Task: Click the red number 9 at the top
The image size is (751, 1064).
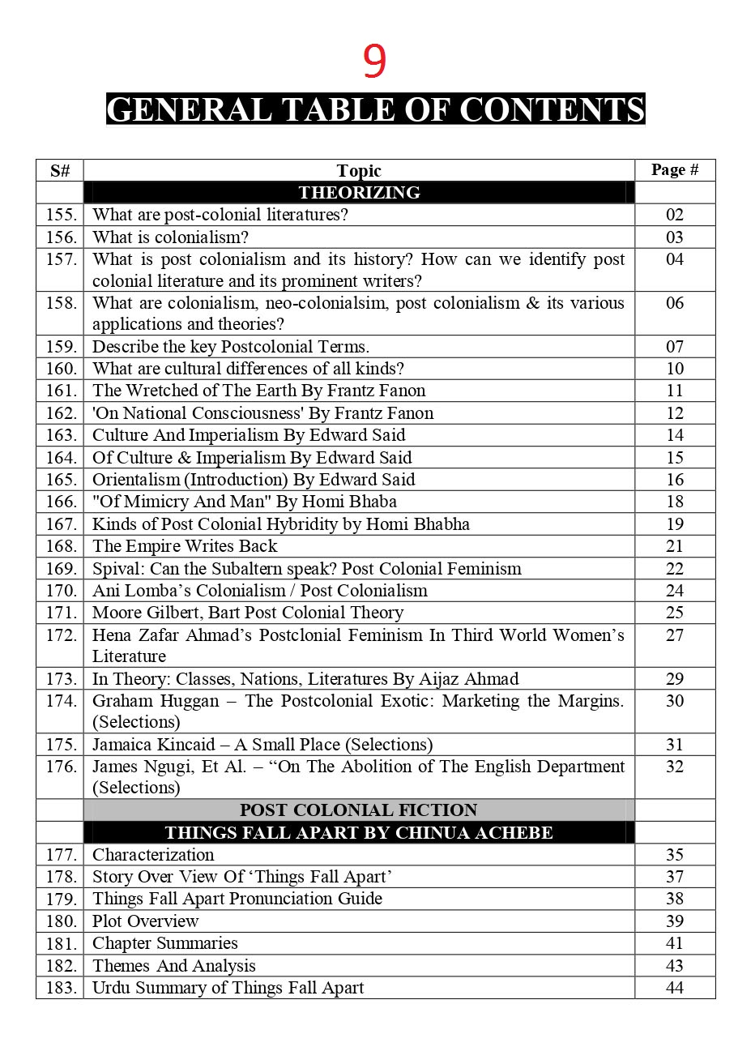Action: tap(374, 62)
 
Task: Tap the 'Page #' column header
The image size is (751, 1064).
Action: tap(674, 170)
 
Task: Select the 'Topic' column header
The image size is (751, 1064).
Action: tap(358, 171)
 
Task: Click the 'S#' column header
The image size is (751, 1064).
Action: tap(60, 171)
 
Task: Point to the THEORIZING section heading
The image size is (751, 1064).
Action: tap(359, 193)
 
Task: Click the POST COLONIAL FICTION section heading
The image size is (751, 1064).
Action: tap(358, 810)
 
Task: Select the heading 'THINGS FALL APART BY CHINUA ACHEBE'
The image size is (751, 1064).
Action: tap(358, 833)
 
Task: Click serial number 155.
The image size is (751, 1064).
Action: tap(61, 216)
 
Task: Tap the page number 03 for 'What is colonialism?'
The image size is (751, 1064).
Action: tap(674, 237)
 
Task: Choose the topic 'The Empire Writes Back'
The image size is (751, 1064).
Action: tap(185, 546)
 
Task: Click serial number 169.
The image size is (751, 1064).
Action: tap(61, 569)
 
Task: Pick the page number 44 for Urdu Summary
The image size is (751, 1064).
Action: tap(674, 988)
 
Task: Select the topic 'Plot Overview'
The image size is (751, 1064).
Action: tap(145, 921)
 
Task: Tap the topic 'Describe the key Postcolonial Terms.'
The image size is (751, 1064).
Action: tap(230, 347)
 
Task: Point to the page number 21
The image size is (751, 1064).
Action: tap(674, 546)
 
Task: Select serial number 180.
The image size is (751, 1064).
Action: tap(61, 921)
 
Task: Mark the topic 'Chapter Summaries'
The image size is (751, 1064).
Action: tap(164, 943)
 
